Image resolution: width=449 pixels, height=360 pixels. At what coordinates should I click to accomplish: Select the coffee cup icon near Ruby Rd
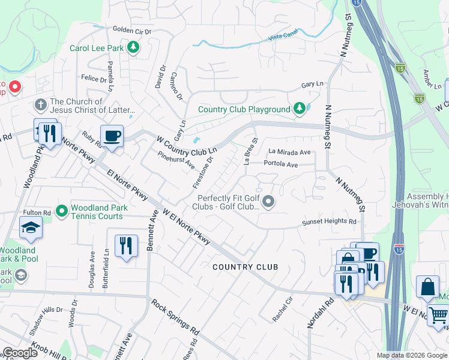(111, 136)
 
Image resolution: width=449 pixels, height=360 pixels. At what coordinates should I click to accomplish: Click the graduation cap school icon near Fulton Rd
(31, 227)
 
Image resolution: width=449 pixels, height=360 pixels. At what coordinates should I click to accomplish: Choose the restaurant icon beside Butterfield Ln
(126, 245)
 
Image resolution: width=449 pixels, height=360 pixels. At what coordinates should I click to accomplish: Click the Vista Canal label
(283, 37)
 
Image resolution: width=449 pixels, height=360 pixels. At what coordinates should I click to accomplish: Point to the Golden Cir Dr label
(132, 29)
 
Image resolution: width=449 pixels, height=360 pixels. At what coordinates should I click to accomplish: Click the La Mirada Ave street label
(289, 152)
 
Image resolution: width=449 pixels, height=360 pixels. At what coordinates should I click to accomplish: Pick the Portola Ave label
(280, 164)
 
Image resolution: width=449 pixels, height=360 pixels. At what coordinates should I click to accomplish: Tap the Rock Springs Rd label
(175, 316)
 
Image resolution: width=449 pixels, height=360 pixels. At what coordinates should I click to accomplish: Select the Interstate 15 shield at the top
(357, 4)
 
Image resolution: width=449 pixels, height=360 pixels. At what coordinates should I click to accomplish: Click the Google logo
(20, 353)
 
